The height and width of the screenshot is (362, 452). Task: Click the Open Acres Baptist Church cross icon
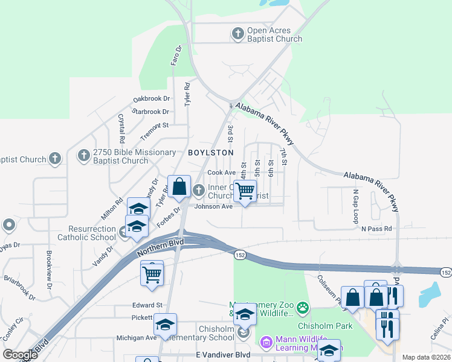(x=238, y=34)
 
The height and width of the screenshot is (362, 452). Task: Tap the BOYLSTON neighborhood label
(x=210, y=153)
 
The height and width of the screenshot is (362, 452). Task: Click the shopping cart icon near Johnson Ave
(x=245, y=191)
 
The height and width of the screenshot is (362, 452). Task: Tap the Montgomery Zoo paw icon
(x=302, y=310)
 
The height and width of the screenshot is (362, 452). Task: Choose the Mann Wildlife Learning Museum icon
(x=265, y=343)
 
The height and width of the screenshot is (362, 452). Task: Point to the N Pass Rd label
(x=376, y=229)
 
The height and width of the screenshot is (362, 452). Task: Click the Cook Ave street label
(x=221, y=172)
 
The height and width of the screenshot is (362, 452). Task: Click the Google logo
(x=20, y=355)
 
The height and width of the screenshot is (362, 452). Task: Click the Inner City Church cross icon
(x=199, y=191)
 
